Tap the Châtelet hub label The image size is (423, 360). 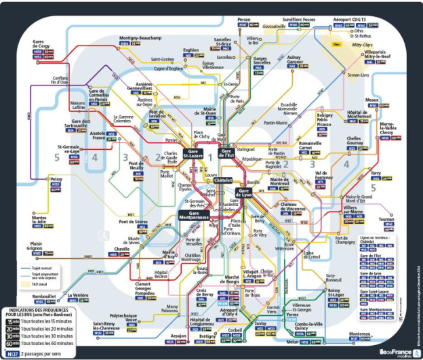pyautogui.click(x=223, y=180)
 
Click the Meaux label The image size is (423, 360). pyautogui.click(x=371, y=100)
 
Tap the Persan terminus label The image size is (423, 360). pyautogui.click(x=244, y=20)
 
